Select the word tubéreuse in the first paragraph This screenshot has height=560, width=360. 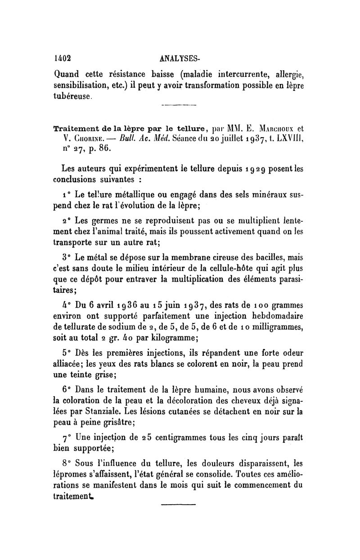coord(73,96)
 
